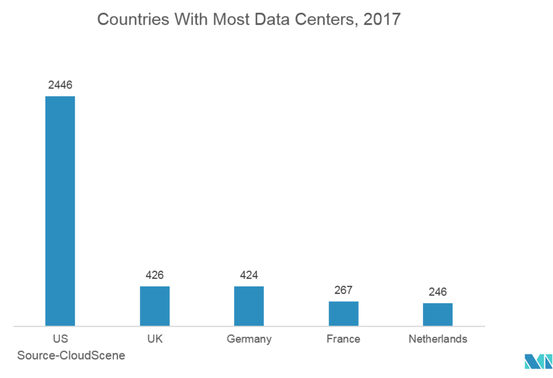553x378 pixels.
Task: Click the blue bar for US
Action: (x=60, y=211)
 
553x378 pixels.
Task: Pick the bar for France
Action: (x=343, y=313)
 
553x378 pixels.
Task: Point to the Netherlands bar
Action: (x=437, y=314)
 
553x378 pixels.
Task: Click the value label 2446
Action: (x=60, y=85)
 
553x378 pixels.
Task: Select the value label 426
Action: (x=155, y=275)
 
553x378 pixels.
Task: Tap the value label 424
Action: (x=249, y=275)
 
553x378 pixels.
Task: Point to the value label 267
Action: (x=343, y=290)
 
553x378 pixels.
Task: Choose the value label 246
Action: (x=437, y=292)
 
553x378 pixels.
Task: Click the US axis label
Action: (x=60, y=339)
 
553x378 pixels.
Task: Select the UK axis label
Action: (x=155, y=339)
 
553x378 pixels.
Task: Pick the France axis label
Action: (x=343, y=339)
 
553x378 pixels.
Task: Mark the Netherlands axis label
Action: (x=437, y=339)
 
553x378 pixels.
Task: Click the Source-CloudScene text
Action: (x=71, y=355)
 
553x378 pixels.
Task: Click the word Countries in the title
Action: (x=133, y=19)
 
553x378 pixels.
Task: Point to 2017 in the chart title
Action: (x=382, y=19)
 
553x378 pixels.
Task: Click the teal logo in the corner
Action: (x=538, y=362)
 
